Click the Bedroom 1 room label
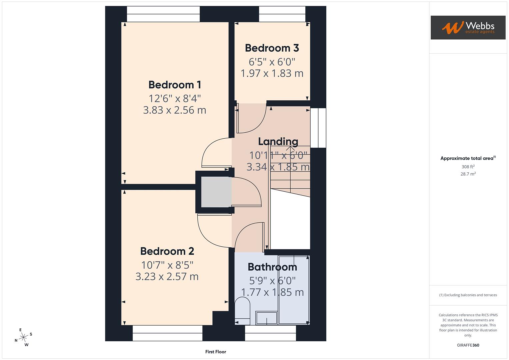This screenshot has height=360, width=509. point(175,85)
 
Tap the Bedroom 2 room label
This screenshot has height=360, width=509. point(167,251)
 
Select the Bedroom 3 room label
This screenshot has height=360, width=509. point(272,48)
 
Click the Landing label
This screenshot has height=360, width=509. point(278,141)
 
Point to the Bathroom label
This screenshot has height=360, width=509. point(272,267)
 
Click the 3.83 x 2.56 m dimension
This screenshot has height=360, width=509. point(175,110)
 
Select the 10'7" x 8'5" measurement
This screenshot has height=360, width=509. point(167,265)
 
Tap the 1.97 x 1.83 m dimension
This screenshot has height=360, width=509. point(272,73)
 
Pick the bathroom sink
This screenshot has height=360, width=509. point(266,318)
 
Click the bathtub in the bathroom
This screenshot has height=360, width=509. point(294,289)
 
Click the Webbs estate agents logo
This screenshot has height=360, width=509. point(468,27)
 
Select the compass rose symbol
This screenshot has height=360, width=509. point(23,337)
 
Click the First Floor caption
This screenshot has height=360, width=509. point(216,352)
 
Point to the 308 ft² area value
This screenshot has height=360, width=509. point(468,167)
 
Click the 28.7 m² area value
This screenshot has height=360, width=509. point(468,174)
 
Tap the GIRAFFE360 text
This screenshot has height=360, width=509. point(468,345)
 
